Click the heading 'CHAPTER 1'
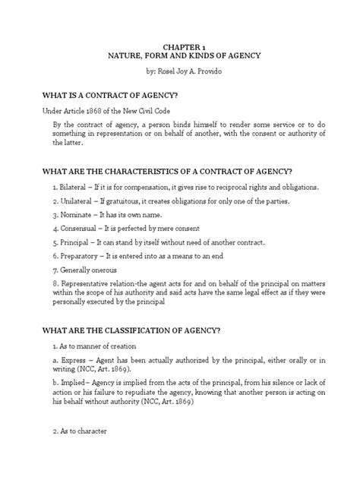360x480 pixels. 179,46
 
